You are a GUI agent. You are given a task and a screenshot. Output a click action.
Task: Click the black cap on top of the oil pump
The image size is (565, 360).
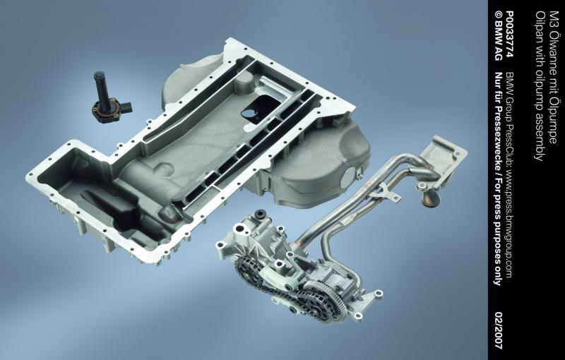pyautogui.click(x=260, y=215)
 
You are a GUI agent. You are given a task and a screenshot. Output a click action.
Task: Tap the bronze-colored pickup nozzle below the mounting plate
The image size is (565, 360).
pyautogui.click(x=431, y=199)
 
